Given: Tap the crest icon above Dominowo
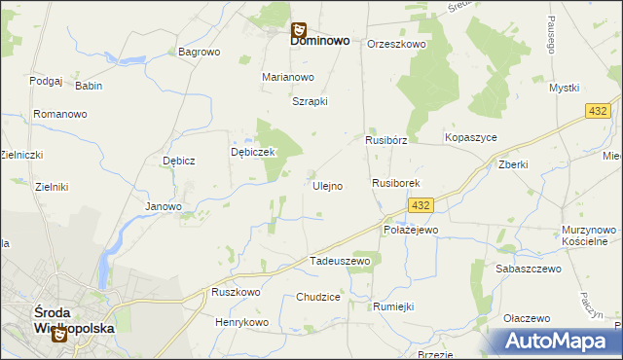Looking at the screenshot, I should click(x=299, y=29).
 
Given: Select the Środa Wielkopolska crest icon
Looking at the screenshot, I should click(x=58, y=334).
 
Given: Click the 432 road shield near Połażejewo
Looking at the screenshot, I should click(x=420, y=205).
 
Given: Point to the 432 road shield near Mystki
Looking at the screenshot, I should click(x=599, y=113).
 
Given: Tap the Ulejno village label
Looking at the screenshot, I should click(x=327, y=186).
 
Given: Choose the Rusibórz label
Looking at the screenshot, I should click(x=385, y=139).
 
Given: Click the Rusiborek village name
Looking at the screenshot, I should click(x=395, y=183).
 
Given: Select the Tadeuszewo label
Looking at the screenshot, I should click(x=340, y=261).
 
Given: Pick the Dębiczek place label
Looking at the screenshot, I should click(x=254, y=153).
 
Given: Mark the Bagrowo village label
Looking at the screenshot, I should click(x=199, y=52).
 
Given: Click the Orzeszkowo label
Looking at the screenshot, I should click(x=396, y=44).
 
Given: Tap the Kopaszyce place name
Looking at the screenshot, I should click(x=471, y=138).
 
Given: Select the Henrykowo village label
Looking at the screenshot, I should click(x=241, y=321).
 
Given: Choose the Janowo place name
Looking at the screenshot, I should click(x=164, y=206).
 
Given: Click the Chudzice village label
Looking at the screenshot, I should click(x=318, y=297).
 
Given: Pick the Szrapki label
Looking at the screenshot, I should click(x=311, y=101).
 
